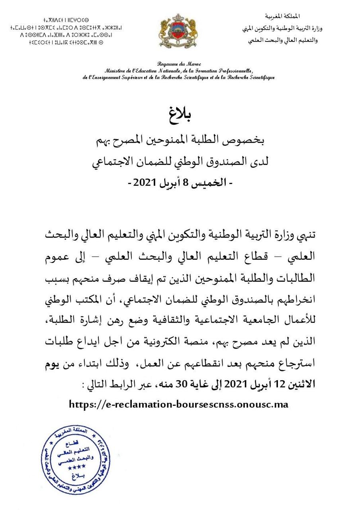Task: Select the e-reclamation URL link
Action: [178, 404]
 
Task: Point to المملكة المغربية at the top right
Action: [282, 16]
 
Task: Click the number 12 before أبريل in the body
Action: [278, 385]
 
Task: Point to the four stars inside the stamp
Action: [71, 466]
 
